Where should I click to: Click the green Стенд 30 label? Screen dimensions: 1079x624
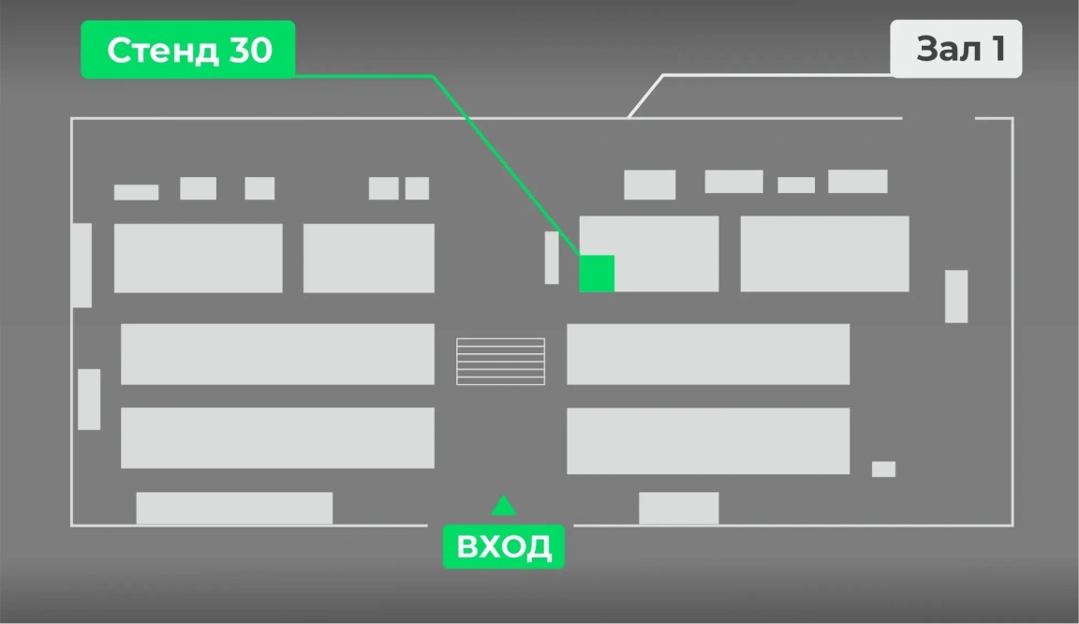click(188, 50)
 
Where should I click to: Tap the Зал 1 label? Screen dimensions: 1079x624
click(955, 48)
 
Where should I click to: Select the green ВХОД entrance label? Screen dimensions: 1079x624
click(504, 546)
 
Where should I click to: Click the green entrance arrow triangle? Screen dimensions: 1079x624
click(504, 506)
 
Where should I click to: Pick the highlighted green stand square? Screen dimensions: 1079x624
click(597, 274)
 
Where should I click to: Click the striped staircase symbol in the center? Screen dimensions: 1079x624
click(500, 361)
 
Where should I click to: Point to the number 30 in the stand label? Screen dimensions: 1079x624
click(250, 51)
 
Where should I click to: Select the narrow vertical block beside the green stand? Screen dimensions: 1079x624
click(552, 258)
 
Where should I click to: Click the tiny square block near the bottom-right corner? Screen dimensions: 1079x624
click(883, 469)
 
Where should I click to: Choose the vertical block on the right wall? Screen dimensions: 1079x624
click(956, 296)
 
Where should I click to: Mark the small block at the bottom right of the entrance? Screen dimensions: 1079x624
click(678, 508)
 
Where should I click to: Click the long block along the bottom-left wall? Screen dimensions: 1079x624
click(234, 508)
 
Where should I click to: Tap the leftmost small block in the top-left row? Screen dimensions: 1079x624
click(136, 192)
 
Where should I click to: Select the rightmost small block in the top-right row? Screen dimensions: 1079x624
click(857, 181)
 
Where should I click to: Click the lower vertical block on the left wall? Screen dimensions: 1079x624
click(89, 399)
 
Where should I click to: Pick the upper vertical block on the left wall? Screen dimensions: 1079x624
click(81, 265)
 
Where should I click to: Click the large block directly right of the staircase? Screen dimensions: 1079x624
click(708, 354)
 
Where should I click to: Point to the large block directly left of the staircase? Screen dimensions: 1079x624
click(277, 354)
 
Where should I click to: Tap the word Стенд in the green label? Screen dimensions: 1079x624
click(162, 51)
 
